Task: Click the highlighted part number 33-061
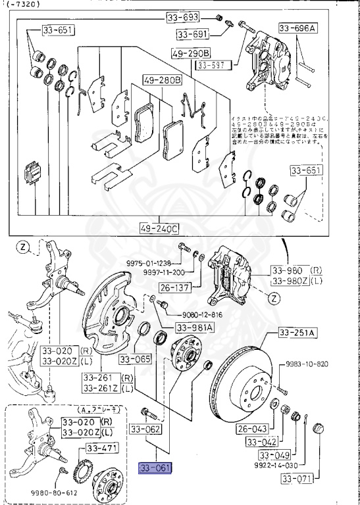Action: point(154,468)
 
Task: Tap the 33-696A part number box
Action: point(297,28)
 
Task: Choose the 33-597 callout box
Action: point(212,64)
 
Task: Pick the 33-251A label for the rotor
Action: point(297,333)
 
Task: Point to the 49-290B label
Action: point(190,52)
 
